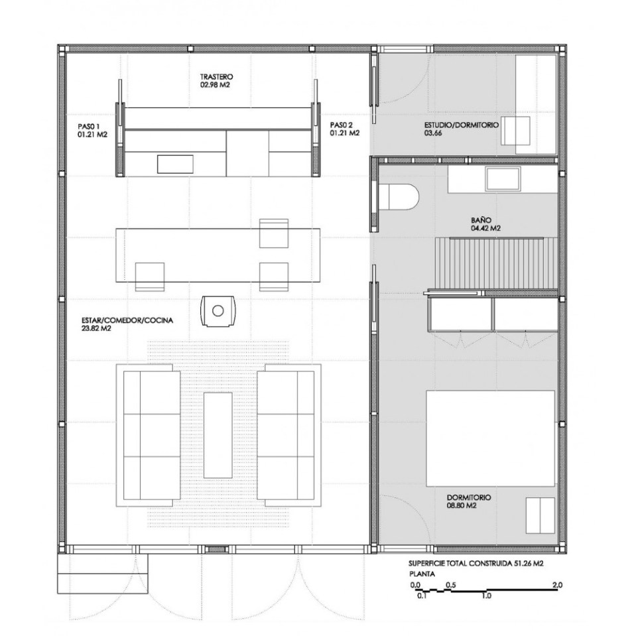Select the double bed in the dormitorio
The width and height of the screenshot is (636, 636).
(x=489, y=438)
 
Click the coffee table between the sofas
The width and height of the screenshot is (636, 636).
(x=218, y=434)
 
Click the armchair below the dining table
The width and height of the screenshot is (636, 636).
(x=218, y=310)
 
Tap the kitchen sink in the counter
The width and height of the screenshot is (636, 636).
(x=175, y=163)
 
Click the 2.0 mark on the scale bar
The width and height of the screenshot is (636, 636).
(x=556, y=585)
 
